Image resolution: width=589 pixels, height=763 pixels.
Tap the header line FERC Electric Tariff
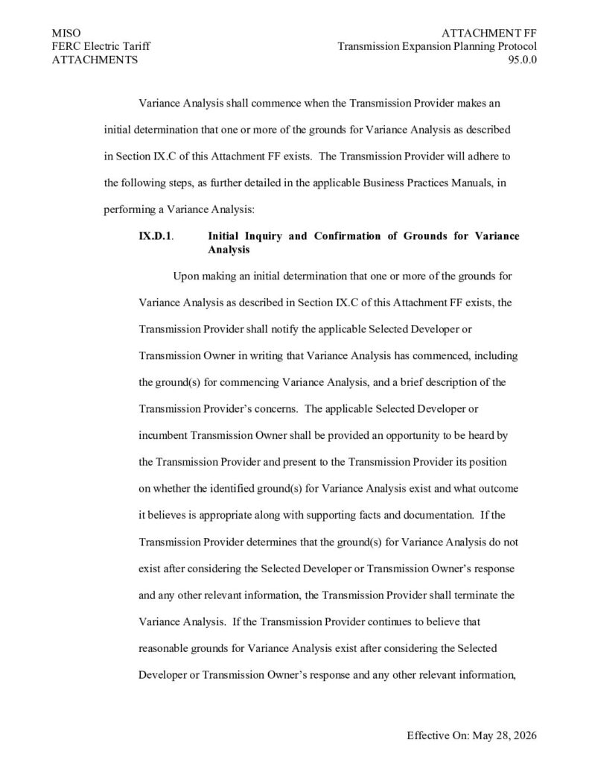[101, 47]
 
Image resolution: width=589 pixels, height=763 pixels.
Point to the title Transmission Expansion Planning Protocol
[437, 47]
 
